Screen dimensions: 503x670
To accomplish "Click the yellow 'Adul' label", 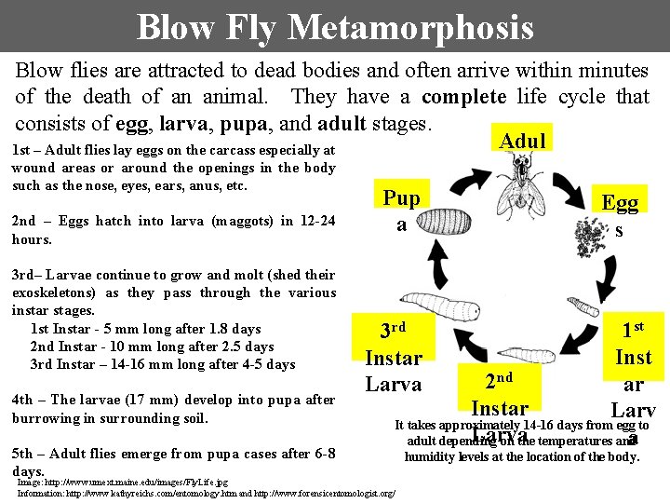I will [522, 140].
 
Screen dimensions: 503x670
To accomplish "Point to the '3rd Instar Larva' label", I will [394, 358].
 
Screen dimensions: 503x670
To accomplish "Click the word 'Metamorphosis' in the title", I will [410, 27].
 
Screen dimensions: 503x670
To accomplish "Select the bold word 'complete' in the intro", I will [464, 97].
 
